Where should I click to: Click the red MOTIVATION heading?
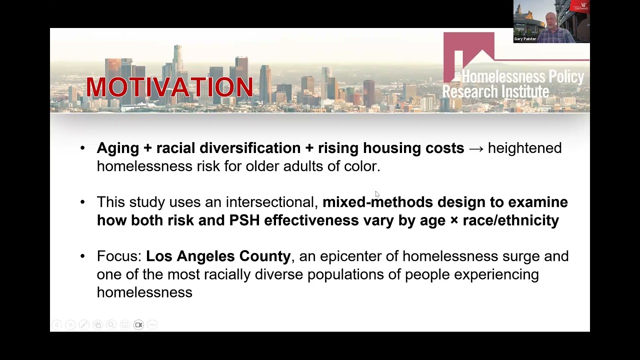click(169, 87)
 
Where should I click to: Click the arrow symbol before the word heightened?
click(476, 148)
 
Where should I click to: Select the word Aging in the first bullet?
click(117, 148)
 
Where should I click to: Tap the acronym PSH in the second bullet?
click(244, 220)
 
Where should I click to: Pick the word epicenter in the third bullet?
click(350, 256)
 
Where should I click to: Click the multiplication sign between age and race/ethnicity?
click(454, 220)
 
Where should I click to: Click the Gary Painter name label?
click(525, 39)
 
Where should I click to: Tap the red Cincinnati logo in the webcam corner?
click(581, 6)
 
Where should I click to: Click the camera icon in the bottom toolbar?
click(138, 325)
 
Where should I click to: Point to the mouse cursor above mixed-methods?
click(377, 194)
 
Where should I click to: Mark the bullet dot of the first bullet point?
click(83, 148)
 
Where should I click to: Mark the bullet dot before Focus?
click(83, 256)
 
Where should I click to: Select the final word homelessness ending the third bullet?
click(144, 292)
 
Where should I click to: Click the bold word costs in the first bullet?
click(444, 148)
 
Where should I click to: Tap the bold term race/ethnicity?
click(510, 220)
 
